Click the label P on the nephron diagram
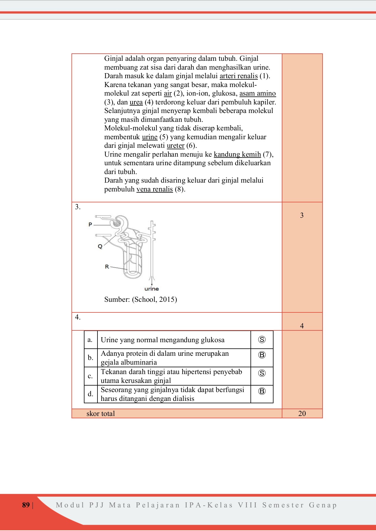click(x=90, y=224)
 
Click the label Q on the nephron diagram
click(x=100, y=246)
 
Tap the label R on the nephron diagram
click(x=107, y=267)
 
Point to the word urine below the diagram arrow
click(x=152, y=289)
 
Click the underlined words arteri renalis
click(x=239, y=76)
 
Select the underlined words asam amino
click(x=258, y=94)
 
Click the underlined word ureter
click(x=175, y=146)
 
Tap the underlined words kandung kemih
click(x=237, y=155)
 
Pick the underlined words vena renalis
click(x=154, y=189)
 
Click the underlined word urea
click(x=136, y=102)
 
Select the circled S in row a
click(x=262, y=340)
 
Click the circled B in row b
click(x=262, y=355)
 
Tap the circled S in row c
click(x=262, y=373)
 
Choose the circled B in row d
click(x=262, y=391)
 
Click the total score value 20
click(x=302, y=414)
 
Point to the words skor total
click(x=101, y=414)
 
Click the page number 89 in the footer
click(x=26, y=505)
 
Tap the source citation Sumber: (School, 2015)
click(x=141, y=300)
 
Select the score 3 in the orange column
click(x=302, y=215)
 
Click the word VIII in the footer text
click(x=248, y=505)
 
